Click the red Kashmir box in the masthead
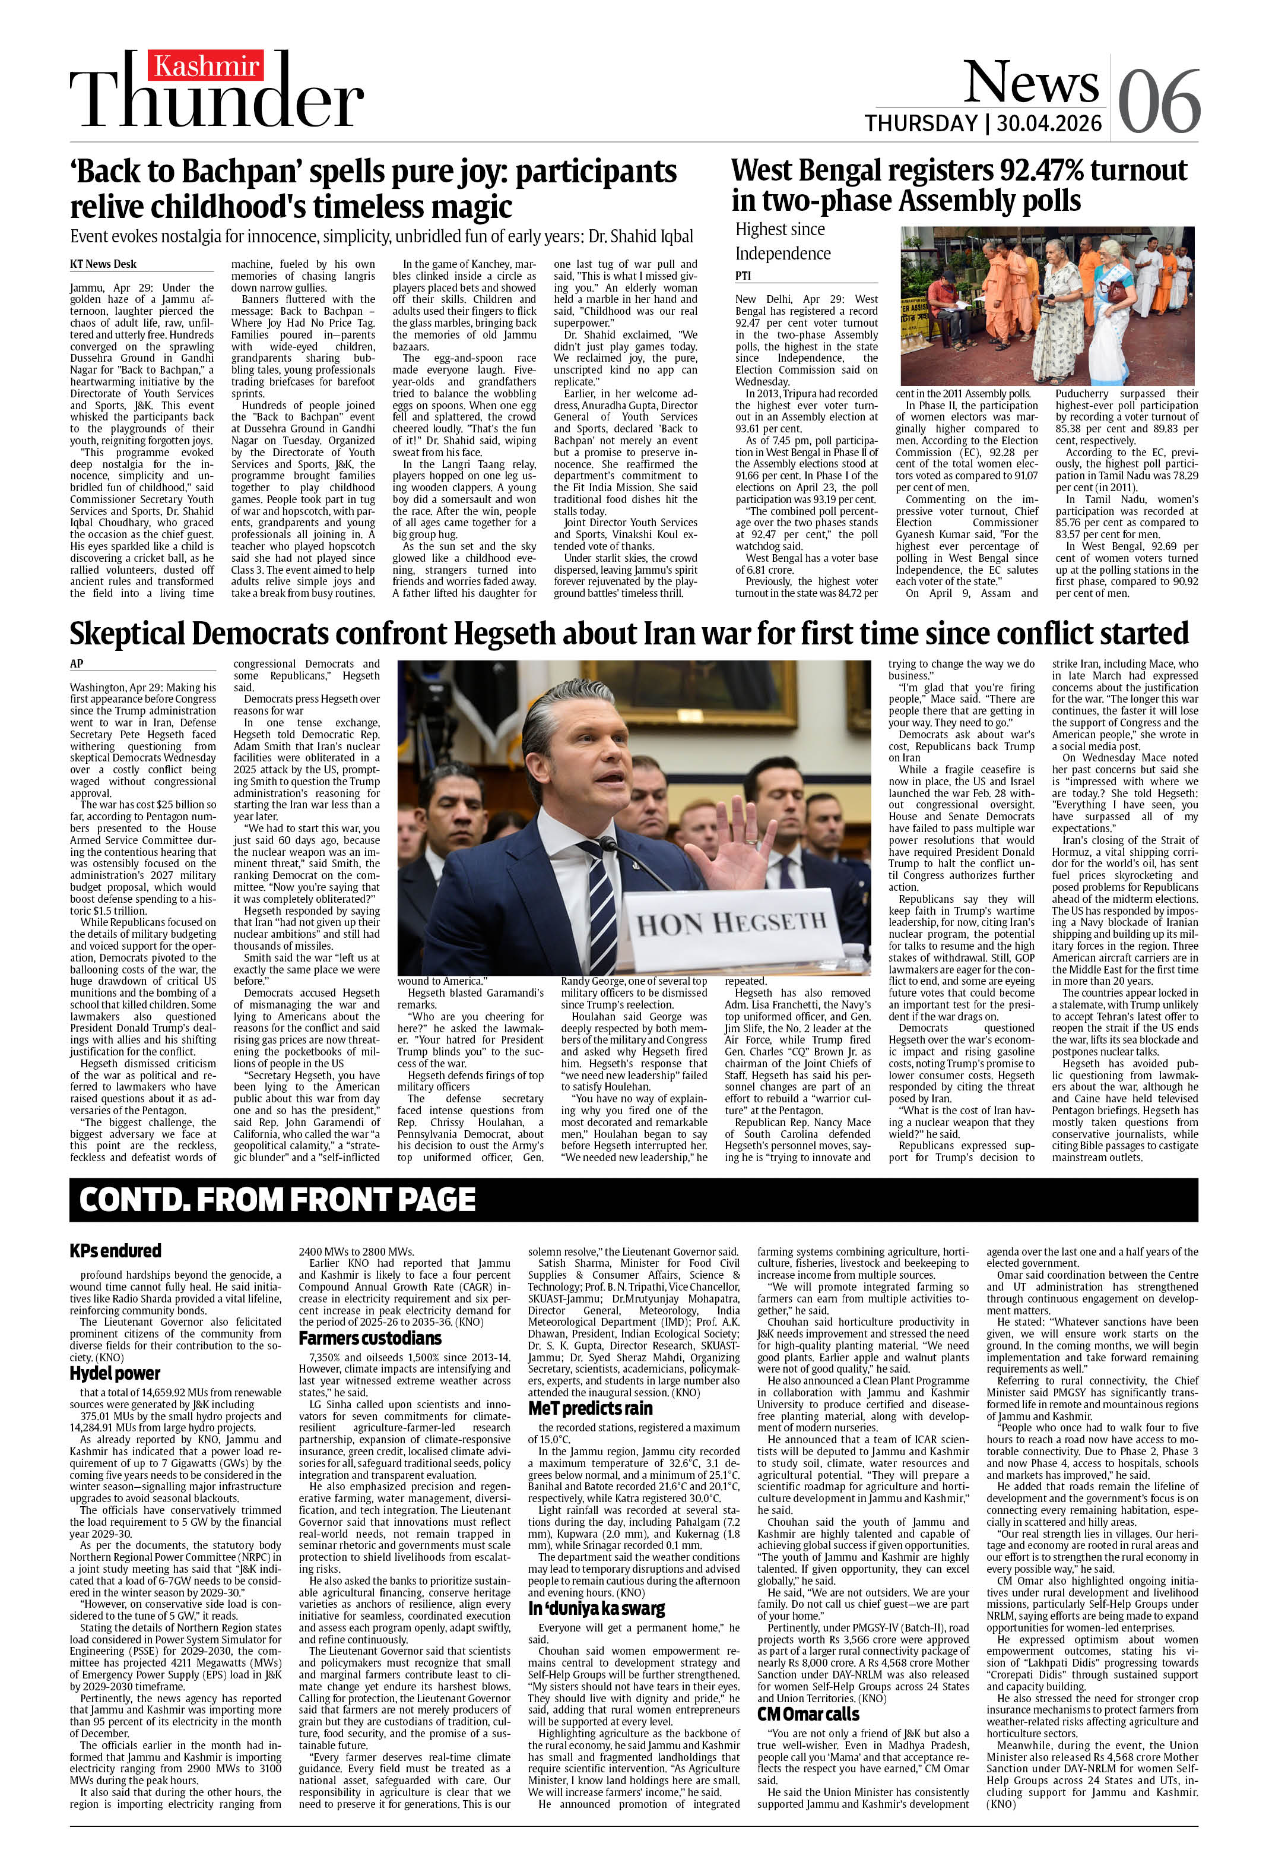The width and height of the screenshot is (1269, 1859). (207, 67)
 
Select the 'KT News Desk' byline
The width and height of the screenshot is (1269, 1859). (103, 264)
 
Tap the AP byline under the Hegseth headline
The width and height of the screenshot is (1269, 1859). (77, 664)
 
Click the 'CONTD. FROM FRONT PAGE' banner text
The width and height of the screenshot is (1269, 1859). (277, 1200)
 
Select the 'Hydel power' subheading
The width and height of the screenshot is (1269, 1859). (115, 1373)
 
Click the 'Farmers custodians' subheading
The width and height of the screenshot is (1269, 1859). (369, 1338)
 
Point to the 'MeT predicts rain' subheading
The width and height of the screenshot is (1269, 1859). (590, 1408)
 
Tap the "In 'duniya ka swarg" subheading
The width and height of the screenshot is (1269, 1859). (596, 1586)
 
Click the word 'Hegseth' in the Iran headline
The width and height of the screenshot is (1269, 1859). (505, 634)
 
